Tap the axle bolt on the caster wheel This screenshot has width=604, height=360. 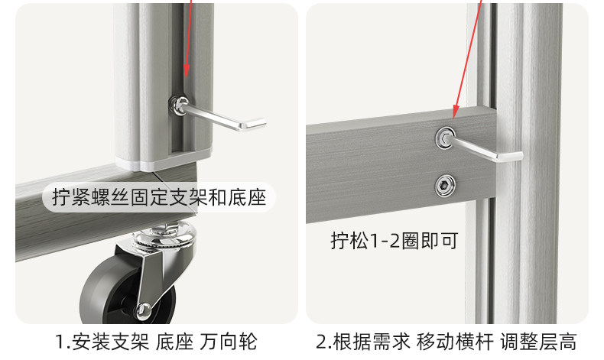coord(143,310)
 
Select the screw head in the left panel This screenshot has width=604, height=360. coord(180,103)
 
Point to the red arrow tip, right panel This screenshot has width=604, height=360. coord(453,117)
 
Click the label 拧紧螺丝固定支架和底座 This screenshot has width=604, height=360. coord(159,198)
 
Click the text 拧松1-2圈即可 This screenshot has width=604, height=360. coord(394,241)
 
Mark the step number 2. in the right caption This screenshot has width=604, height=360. coord(324,341)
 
